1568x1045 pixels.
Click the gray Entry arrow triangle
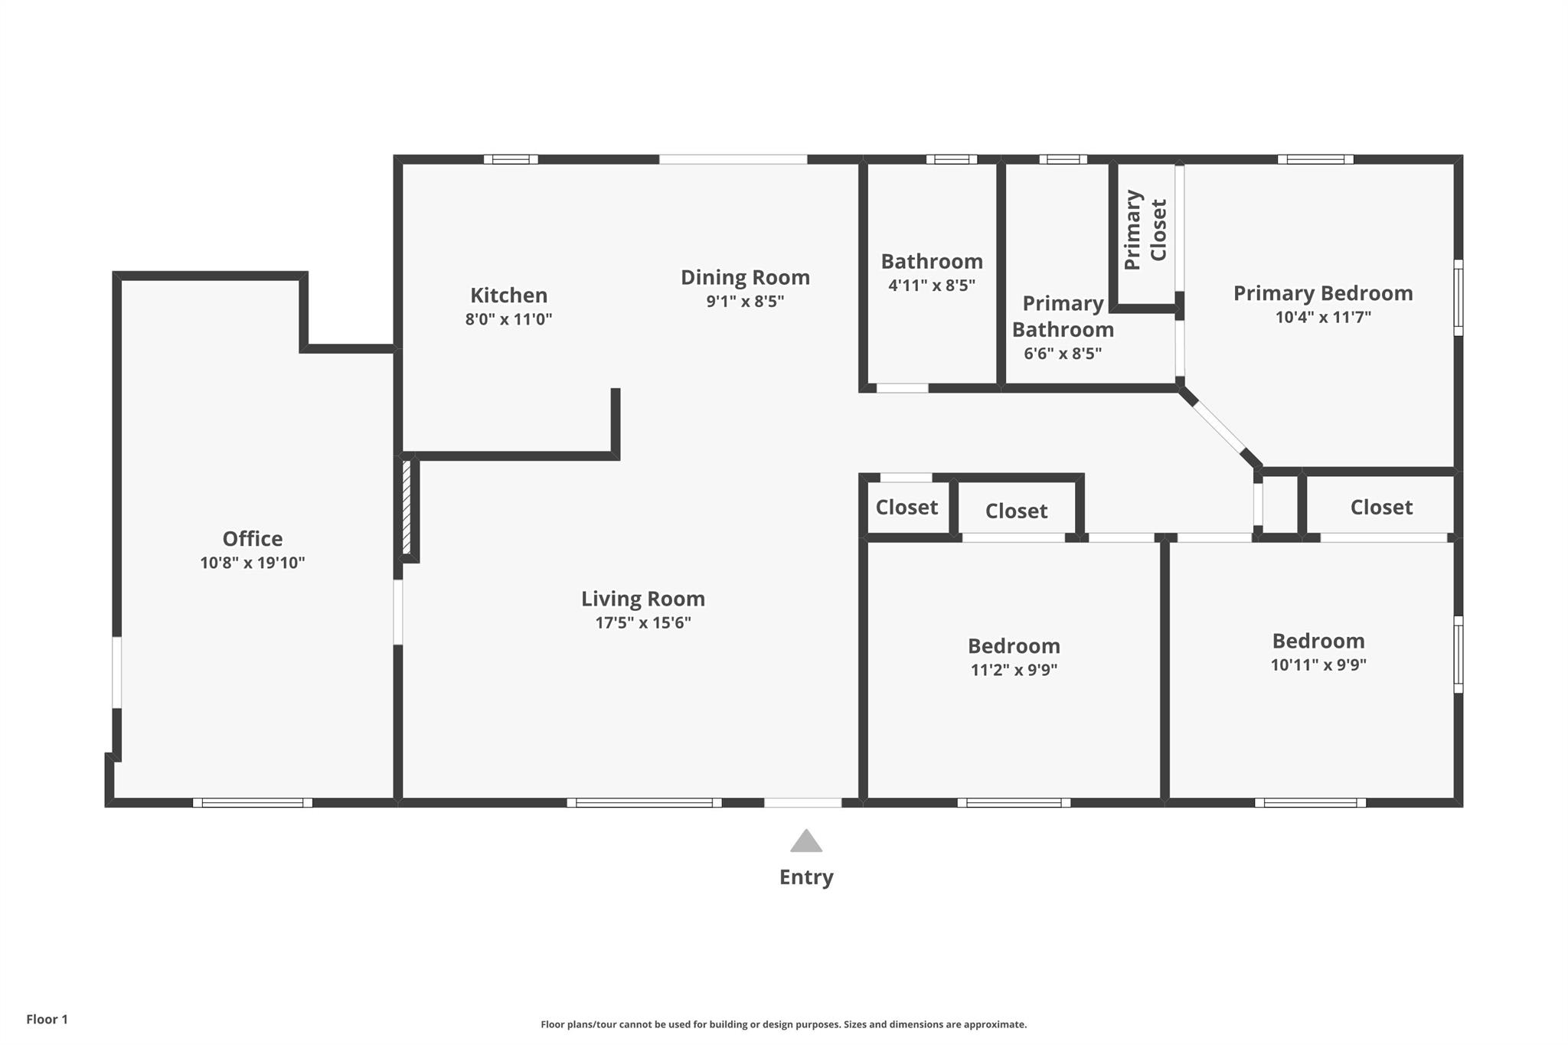tap(806, 841)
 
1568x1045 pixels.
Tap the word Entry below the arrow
tap(806, 877)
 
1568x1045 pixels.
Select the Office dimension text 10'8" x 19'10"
tap(253, 563)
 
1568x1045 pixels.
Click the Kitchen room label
tap(508, 295)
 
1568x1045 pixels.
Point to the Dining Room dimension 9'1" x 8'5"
tap(745, 301)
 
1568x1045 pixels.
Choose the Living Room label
tap(643, 599)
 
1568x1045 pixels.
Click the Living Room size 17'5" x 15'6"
tap(643, 622)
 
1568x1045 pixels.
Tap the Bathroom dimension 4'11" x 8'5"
tap(932, 286)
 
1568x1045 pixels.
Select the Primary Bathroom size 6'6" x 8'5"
tap(1063, 354)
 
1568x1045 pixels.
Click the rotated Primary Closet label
tap(1145, 230)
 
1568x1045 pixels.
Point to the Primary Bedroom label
tap(1323, 293)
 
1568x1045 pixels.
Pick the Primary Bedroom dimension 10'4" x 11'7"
tap(1323, 317)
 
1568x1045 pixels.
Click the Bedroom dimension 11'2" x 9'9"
tap(1014, 670)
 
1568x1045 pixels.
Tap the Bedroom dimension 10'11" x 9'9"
tap(1318, 665)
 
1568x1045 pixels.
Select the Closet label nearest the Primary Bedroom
tap(1381, 507)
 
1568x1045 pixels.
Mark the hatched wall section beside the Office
tap(407, 508)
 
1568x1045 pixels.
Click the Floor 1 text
tap(47, 1019)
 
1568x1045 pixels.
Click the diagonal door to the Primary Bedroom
tap(1220, 427)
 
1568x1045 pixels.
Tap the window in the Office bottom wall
tap(253, 803)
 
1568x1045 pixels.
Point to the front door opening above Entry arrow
tap(803, 803)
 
